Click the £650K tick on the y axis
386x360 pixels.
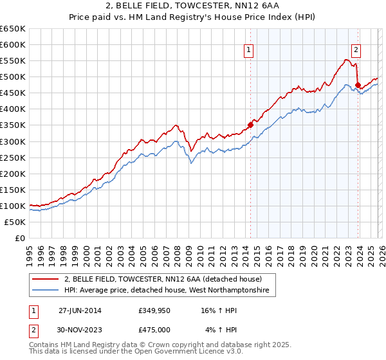tap(13, 29)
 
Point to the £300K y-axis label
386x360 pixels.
tap(13, 141)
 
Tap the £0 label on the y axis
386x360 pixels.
tap(20, 239)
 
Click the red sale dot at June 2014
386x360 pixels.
tap(250, 125)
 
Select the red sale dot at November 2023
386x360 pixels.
tap(358, 84)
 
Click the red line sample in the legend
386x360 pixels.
tap(46, 280)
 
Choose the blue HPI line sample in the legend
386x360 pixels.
tap(46, 291)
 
